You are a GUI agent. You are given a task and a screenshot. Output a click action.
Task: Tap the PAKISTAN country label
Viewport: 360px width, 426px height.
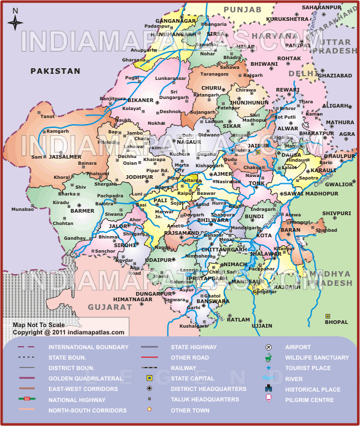click(55, 71)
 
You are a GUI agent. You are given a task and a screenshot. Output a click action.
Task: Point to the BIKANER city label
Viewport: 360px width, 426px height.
click(141, 100)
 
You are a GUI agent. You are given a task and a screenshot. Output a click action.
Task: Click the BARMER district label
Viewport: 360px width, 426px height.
click(82, 211)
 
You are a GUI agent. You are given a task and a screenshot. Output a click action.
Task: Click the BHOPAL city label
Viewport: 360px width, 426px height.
click(337, 322)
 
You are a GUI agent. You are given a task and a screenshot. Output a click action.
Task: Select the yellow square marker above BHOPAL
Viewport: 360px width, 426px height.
click(328, 316)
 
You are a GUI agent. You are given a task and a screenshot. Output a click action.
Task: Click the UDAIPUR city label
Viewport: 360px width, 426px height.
click(159, 260)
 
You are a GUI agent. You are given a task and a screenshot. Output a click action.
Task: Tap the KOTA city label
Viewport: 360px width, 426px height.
click(264, 235)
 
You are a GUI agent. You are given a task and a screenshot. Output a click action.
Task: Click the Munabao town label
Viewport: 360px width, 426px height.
click(22, 210)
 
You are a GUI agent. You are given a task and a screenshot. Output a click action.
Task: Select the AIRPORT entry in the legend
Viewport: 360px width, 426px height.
click(298, 347)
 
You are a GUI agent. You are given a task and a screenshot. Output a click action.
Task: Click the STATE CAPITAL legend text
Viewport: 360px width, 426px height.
click(193, 379)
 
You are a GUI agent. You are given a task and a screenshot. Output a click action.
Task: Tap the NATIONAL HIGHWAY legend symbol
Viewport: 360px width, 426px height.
click(26, 400)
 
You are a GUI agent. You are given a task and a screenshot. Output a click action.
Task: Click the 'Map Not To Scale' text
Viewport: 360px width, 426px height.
click(39, 325)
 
